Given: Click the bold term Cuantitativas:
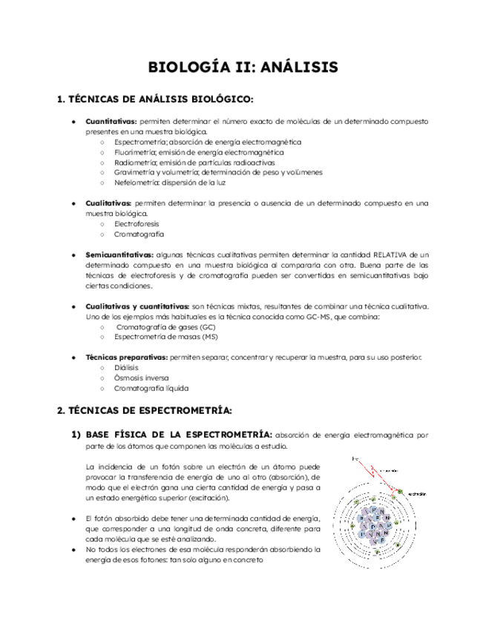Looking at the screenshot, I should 111,121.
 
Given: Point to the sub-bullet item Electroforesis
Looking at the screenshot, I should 137,223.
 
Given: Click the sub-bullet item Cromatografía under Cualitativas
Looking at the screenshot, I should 139,234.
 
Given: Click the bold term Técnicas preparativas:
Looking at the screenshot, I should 126,357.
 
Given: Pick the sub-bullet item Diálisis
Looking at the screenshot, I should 126,367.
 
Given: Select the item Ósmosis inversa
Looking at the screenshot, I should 141,378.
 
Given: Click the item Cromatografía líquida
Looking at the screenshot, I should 151,388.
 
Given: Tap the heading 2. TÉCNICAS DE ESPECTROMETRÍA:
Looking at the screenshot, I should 145,409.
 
